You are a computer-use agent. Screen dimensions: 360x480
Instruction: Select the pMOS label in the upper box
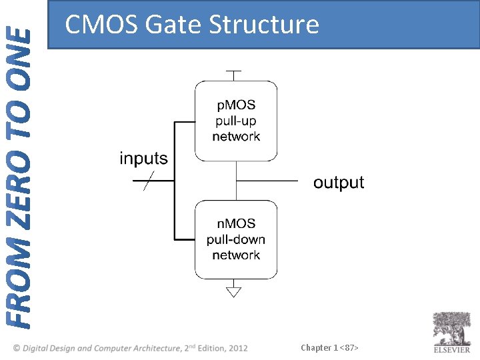point(236,105)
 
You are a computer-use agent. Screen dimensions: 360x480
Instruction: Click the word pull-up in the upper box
point(236,121)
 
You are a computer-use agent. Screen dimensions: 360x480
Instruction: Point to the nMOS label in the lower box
point(236,223)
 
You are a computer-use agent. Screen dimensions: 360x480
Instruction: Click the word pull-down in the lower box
point(236,239)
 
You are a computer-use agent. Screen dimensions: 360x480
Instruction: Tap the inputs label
point(143,159)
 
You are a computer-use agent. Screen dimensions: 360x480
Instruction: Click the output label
point(339,182)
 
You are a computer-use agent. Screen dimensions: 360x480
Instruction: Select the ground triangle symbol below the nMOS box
point(234,291)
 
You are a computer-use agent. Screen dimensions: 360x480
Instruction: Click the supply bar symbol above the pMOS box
point(234,71)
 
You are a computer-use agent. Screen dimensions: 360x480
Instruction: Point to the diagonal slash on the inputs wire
point(149,181)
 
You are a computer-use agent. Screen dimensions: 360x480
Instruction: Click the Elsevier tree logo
point(451,328)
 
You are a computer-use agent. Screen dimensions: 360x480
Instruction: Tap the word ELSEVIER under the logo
point(452,349)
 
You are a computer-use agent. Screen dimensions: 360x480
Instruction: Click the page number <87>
point(350,347)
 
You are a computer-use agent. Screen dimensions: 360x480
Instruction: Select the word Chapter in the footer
point(316,347)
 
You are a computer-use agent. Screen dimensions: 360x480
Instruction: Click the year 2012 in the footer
point(237,348)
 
